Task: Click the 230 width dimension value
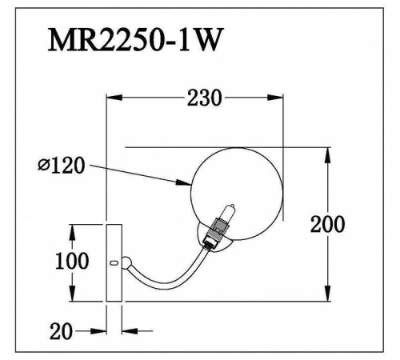[x=204, y=98]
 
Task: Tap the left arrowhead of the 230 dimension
[x=114, y=98]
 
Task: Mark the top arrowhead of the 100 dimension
[x=73, y=229]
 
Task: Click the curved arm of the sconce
[x=172, y=274]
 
